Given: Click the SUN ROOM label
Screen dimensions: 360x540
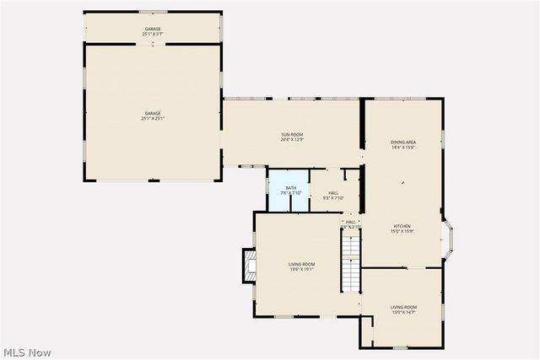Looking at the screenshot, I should coord(292,135).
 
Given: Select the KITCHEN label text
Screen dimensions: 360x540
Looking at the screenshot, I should coord(402,226).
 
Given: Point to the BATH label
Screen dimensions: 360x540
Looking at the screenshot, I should coord(291,187).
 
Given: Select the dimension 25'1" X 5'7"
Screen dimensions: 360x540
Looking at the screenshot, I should coord(152,35).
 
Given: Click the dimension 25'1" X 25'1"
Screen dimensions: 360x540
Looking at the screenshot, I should coord(152,119).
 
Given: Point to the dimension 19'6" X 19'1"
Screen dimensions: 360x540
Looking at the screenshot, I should coord(303,270).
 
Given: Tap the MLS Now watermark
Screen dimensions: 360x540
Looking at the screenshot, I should coord(27,352).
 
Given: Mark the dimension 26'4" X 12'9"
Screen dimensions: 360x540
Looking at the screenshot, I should coord(292,140).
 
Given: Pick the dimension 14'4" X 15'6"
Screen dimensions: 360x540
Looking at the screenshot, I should coord(403,148).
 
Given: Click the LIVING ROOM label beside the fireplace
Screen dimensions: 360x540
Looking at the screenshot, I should coord(303,264).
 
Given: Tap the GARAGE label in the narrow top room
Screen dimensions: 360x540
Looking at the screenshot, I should coord(152,30).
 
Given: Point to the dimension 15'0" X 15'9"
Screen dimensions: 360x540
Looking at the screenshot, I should coord(402,231).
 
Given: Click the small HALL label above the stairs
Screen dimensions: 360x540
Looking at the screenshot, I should coord(350,222).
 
